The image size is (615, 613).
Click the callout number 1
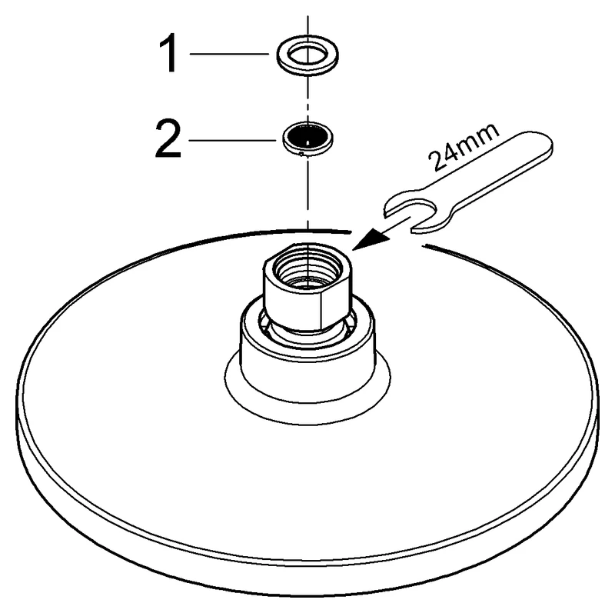pyautogui.click(x=168, y=53)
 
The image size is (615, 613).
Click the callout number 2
pyautogui.click(x=168, y=140)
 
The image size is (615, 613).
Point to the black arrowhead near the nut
pyautogui.click(x=370, y=239)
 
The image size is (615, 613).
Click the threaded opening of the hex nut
pyautogui.click(x=307, y=268)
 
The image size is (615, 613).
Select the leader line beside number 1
pyautogui.click(x=229, y=54)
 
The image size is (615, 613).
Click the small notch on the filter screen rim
pyautogui.click(x=301, y=154)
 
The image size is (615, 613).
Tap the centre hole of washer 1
pyautogui.click(x=308, y=53)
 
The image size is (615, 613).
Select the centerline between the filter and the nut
pyautogui.click(x=308, y=192)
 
